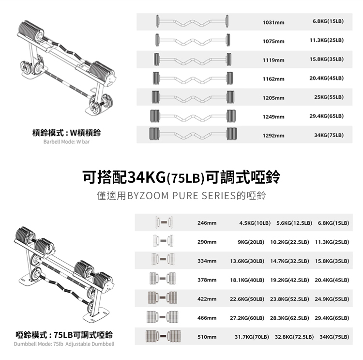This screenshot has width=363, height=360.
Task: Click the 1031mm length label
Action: pyautogui.click(x=273, y=23)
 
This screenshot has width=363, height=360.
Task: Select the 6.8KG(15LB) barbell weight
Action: pyautogui.click(x=328, y=21)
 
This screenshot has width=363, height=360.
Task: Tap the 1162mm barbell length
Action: pyautogui.click(x=273, y=79)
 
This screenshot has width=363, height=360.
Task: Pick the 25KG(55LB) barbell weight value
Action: pyautogui.click(x=329, y=97)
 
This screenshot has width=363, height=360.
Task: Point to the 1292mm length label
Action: pyautogui.click(x=273, y=136)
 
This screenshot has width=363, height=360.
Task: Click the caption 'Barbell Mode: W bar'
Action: pyautogui.click(x=66, y=142)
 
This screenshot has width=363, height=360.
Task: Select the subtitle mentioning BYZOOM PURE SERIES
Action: pyautogui.click(x=181, y=197)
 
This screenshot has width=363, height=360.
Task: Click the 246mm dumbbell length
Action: pyautogui.click(x=207, y=223)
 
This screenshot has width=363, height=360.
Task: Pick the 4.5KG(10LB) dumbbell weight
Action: pyautogui.click(x=255, y=223)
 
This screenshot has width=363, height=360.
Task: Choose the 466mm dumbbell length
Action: pyautogui.click(x=207, y=318)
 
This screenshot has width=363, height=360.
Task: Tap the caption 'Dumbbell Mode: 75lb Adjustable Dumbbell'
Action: pyautogui.click(x=64, y=344)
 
